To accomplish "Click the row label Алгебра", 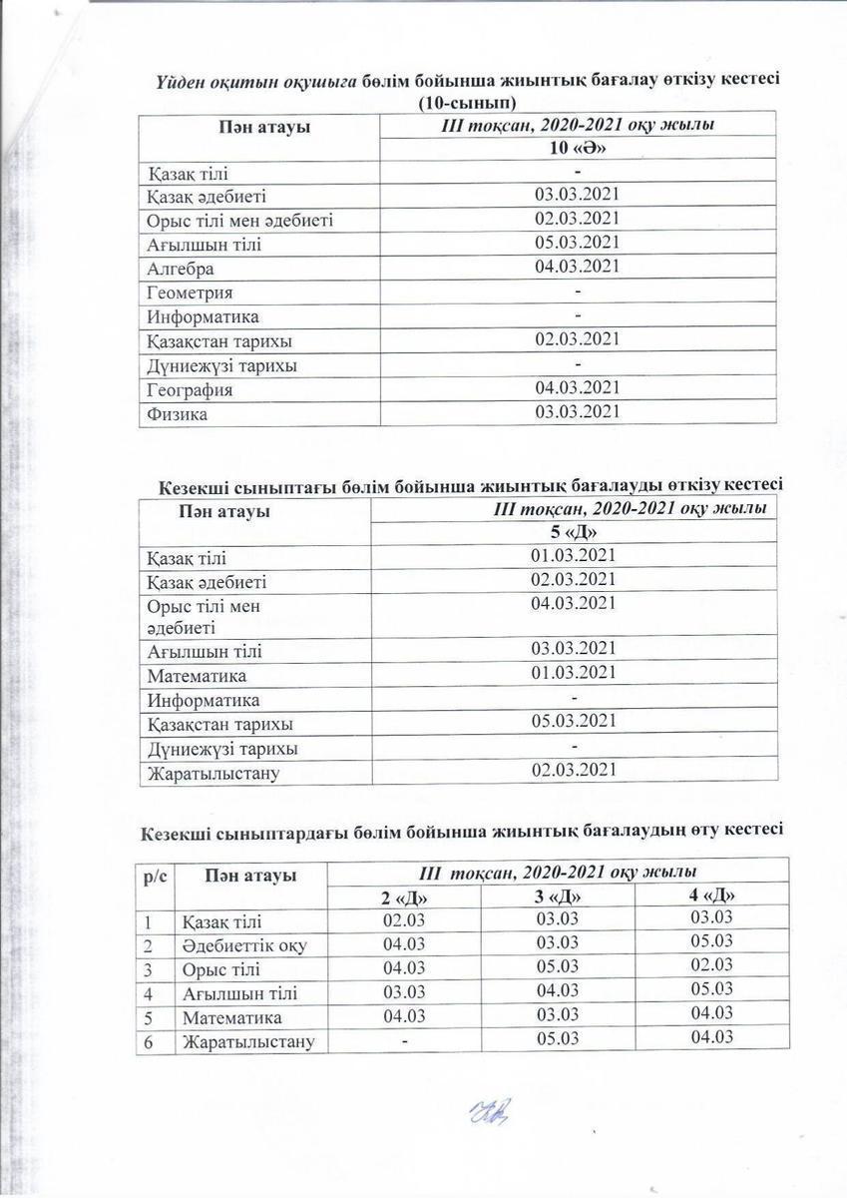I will tap(181, 269).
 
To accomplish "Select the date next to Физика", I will tap(578, 412).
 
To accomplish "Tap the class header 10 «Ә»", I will tap(578, 149).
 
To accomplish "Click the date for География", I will tap(578, 387).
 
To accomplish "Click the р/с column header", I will tap(157, 876).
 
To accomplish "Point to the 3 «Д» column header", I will tap(558, 897).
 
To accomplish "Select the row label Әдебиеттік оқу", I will tap(244, 945).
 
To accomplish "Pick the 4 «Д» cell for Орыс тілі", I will tap(711, 964).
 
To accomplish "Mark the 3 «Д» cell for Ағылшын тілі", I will tap(558, 991).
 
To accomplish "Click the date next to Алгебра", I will tap(578, 266).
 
